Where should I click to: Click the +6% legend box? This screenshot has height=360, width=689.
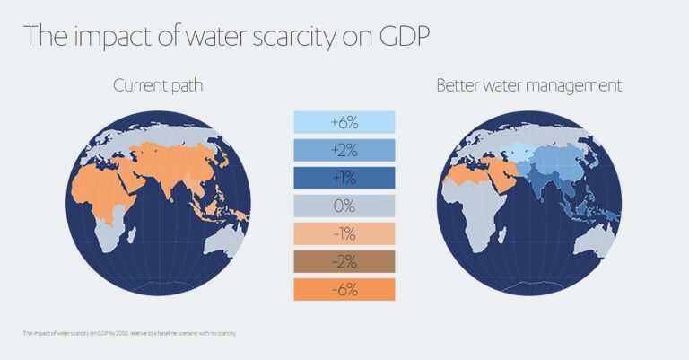(x=344, y=122)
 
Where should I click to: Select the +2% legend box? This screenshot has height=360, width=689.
(x=344, y=150)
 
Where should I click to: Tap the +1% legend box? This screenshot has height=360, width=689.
(x=344, y=178)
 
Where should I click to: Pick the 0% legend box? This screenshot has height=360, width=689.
(x=344, y=206)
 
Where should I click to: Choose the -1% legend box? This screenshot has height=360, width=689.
(x=344, y=233)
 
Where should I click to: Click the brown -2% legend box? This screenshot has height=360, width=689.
(x=344, y=261)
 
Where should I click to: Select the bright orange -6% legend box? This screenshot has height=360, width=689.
(x=344, y=289)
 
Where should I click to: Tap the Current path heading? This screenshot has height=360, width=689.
(x=160, y=86)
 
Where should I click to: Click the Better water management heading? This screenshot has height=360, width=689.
(x=528, y=86)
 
